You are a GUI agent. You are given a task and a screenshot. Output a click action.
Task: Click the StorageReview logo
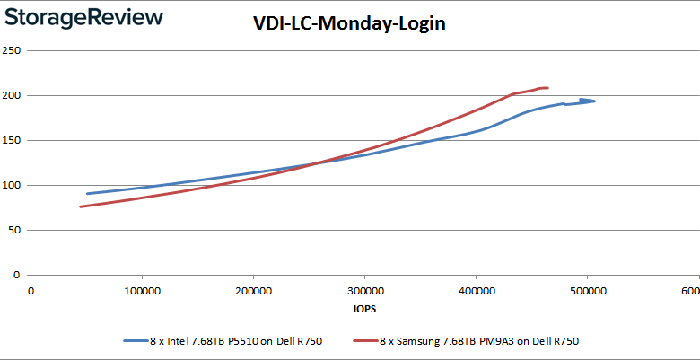point(83,17)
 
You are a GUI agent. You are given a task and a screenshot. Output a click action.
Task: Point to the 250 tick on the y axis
point(13,50)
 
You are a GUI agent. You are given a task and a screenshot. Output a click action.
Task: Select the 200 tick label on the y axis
point(13,95)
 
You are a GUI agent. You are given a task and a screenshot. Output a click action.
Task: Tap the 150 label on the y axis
point(13,140)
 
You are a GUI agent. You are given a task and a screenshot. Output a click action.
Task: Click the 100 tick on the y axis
point(13,185)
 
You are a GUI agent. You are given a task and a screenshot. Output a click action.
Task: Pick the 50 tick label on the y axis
point(15,230)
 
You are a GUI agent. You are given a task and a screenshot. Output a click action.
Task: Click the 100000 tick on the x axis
point(142,291)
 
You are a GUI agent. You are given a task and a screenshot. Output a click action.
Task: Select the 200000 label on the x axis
point(253,291)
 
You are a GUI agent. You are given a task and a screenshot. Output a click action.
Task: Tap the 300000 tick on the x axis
point(364,291)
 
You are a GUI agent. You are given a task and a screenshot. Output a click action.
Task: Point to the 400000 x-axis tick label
point(476,291)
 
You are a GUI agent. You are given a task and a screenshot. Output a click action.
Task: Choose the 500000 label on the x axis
point(587,291)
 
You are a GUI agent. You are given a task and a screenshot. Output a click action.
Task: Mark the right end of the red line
point(547,88)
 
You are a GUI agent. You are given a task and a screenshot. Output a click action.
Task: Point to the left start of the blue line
point(87,193)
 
